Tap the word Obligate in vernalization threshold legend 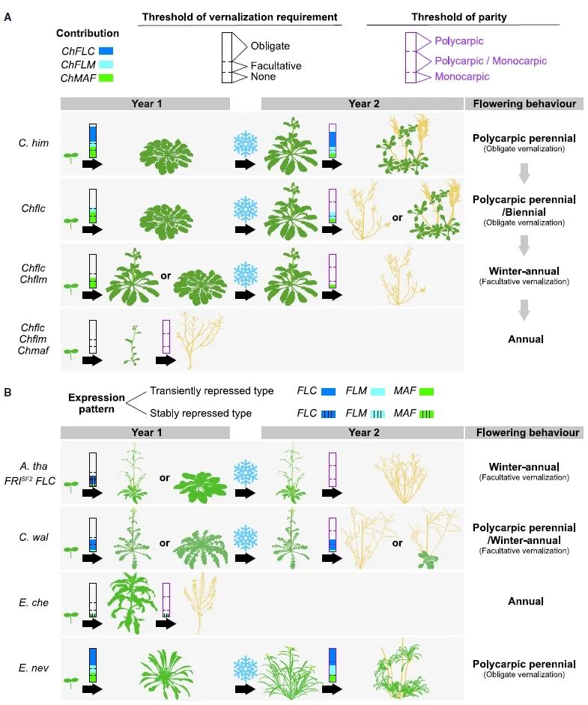point(270,46)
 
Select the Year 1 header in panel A point(145,104)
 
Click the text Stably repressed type point(211,413)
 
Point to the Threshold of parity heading point(462,16)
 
